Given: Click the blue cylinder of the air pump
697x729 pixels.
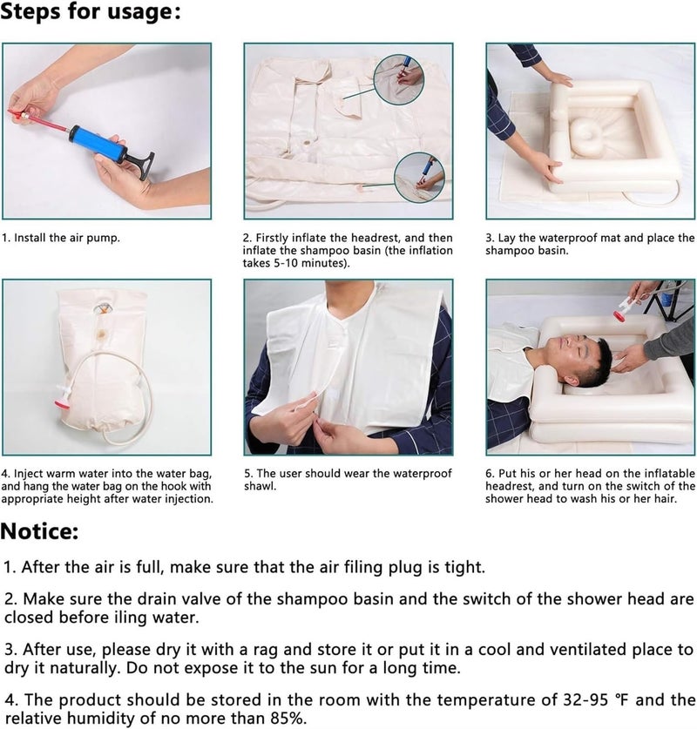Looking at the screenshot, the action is point(98,143).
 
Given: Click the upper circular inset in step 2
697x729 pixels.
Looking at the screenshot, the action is point(399,78).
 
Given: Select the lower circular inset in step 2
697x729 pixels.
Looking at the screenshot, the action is point(419,178).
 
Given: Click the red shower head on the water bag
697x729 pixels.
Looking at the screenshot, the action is point(62,402).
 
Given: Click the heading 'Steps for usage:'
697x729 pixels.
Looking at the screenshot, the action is point(91,11).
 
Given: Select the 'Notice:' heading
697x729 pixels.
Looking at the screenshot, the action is point(39,531).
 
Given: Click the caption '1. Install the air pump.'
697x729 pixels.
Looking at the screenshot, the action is point(60,238).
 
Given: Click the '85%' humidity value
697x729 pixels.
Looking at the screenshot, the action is point(286,719).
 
